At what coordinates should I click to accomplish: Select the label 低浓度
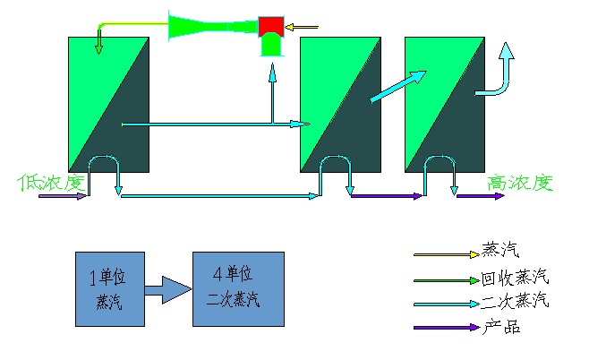(x=50, y=183)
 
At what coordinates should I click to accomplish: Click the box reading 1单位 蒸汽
(x=109, y=288)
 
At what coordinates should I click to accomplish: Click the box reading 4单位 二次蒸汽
(x=238, y=287)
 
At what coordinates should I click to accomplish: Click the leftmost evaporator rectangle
(x=108, y=104)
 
